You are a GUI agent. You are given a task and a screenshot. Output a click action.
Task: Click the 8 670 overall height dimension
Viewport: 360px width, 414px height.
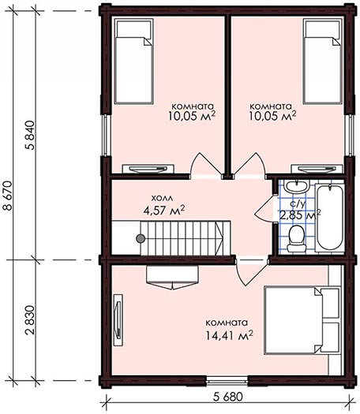tap(8, 196)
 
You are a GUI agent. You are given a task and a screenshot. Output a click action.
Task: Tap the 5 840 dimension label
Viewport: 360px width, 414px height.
tap(31, 135)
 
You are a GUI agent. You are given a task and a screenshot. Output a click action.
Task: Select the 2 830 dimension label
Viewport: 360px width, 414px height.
tap(31, 320)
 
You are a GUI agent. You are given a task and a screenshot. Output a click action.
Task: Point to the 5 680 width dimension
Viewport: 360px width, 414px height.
tap(228, 397)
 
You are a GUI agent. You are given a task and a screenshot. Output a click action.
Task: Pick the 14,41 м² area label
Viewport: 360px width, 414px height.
tap(229, 335)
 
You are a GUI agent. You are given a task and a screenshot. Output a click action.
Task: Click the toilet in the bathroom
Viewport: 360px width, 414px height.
tap(297, 238)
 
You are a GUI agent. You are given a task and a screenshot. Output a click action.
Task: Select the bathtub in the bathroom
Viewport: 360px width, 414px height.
tap(330, 217)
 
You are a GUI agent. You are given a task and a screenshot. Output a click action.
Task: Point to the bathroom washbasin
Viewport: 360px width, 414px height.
tap(296, 186)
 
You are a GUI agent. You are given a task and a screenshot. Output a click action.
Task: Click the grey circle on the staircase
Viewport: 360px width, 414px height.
tap(141, 238)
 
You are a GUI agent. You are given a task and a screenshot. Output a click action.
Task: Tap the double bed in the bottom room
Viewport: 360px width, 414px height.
tap(302, 320)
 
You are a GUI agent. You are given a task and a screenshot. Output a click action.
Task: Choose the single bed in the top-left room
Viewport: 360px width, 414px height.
tap(134, 61)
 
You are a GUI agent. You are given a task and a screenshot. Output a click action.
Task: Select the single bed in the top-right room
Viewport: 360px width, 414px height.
tap(322, 61)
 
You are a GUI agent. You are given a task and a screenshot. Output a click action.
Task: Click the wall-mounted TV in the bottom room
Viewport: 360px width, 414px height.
tap(118, 319)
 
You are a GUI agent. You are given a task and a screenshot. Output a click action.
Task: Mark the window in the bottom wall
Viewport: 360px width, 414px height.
tap(227, 380)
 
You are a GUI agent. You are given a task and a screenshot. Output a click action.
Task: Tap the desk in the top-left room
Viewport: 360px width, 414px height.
tap(148, 169)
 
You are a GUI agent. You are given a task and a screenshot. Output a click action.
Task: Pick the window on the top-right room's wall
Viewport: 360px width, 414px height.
tap(350, 135)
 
